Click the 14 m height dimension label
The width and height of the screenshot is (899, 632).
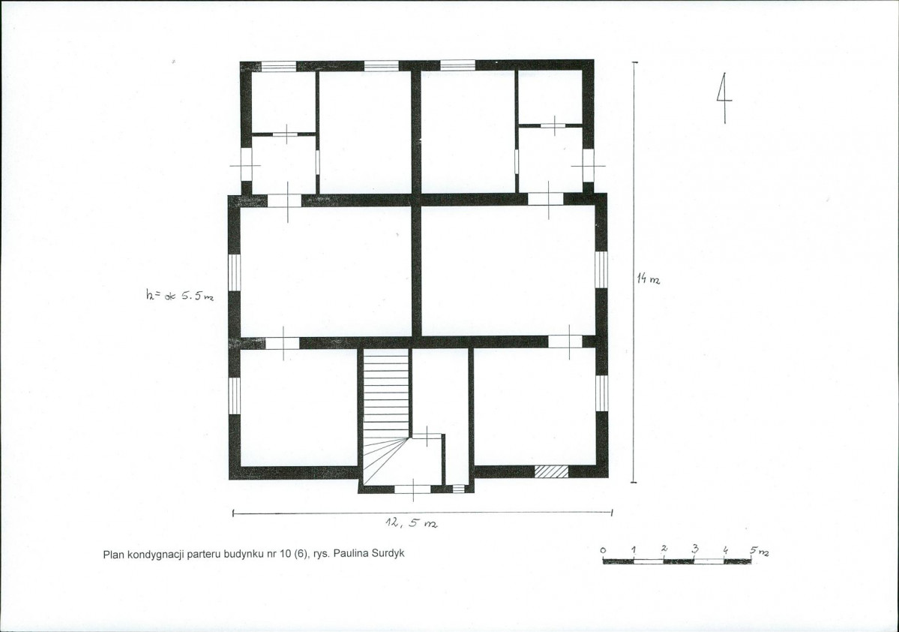tap(648, 279)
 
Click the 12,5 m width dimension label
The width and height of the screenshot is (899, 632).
tap(411, 523)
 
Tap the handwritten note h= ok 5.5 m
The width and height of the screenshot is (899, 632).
tap(179, 296)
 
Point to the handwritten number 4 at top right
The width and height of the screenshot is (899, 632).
tap(724, 98)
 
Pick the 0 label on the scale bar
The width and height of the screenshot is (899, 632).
tap(603, 550)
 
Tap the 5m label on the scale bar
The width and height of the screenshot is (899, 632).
tap(760, 551)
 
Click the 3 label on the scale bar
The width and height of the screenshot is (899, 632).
tap(695, 549)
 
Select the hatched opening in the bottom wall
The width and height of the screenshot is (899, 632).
tap(552, 471)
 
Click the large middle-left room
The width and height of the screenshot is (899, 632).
tap(325, 271)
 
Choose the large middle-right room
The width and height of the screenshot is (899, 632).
tap(508, 271)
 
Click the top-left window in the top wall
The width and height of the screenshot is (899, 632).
tap(279, 66)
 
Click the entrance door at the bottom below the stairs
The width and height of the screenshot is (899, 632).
tap(413, 489)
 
